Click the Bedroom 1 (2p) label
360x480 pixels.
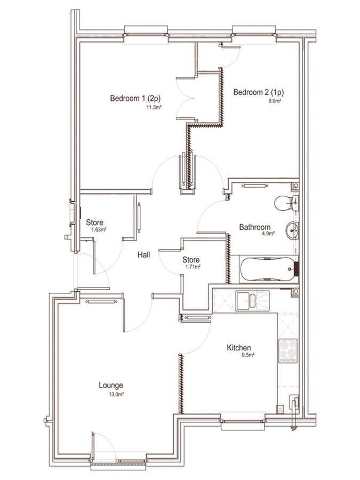pyautogui.click(x=135, y=98)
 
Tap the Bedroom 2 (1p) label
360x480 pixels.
pyautogui.click(x=258, y=92)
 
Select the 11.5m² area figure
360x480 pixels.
pyautogui.click(x=154, y=107)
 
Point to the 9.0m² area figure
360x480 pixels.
pyautogui.click(x=275, y=101)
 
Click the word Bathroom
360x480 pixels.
pyautogui.click(x=255, y=227)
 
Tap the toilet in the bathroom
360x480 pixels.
pyautogui.click(x=286, y=203)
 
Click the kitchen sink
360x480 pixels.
pyautogui.click(x=252, y=301)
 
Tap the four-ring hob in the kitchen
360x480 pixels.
pyautogui.click(x=288, y=351)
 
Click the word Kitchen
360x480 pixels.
pyautogui.click(x=239, y=348)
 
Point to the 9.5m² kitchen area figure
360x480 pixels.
pyautogui.click(x=248, y=355)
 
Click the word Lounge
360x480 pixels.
pyautogui.click(x=111, y=386)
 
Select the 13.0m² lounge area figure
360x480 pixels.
pyautogui.click(x=116, y=394)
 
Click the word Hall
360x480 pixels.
pyautogui.click(x=143, y=254)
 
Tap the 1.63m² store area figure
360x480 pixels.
pyautogui.click(x=99, y=229)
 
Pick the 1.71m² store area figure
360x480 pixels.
pyautogui.click(x=193, y=267)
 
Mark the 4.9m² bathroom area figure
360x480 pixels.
pyautogui.click(x=268, y=233)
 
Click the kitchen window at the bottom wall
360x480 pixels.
pyautogui.click(x=243, y=421)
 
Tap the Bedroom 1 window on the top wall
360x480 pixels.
pyautogui.click(x=146, y=35)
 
